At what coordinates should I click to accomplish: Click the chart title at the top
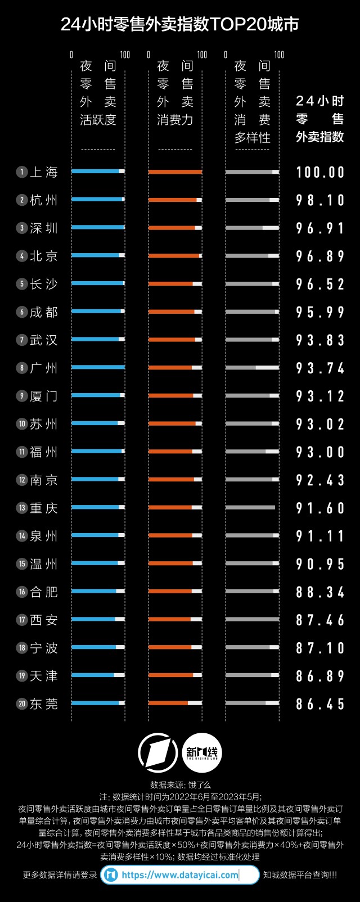click(x=180, y=24)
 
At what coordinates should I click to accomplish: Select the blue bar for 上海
click(x=96, y=172)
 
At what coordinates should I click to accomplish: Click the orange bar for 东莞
click(x=168, y=703)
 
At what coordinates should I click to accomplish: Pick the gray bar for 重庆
click(x=250, y=507)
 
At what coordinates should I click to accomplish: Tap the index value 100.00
click(x=320, y=172)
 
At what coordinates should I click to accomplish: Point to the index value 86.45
click(x=320, y=703)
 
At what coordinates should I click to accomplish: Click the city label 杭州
click(x=44, y=200)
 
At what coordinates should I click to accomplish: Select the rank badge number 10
click(x=22, y=424)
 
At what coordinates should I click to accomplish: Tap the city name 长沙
click(x=44, y=284)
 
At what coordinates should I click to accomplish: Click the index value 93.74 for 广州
click(x=320, y=368)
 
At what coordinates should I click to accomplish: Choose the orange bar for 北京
click(x=174, y=256)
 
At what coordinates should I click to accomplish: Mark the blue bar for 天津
click(x=93, y=675)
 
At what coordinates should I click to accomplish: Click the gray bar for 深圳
click(x=244, y=228)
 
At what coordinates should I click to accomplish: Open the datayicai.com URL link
click(x=180, y=875)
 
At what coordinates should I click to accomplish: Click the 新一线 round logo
click(x=202, y=752)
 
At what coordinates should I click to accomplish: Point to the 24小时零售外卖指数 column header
click(x=319, y=119)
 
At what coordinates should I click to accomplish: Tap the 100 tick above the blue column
click(x=125, y=55)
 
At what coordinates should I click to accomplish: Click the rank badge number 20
click(x=22, y=703)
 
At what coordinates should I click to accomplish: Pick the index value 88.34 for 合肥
click(x=320, y=592)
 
